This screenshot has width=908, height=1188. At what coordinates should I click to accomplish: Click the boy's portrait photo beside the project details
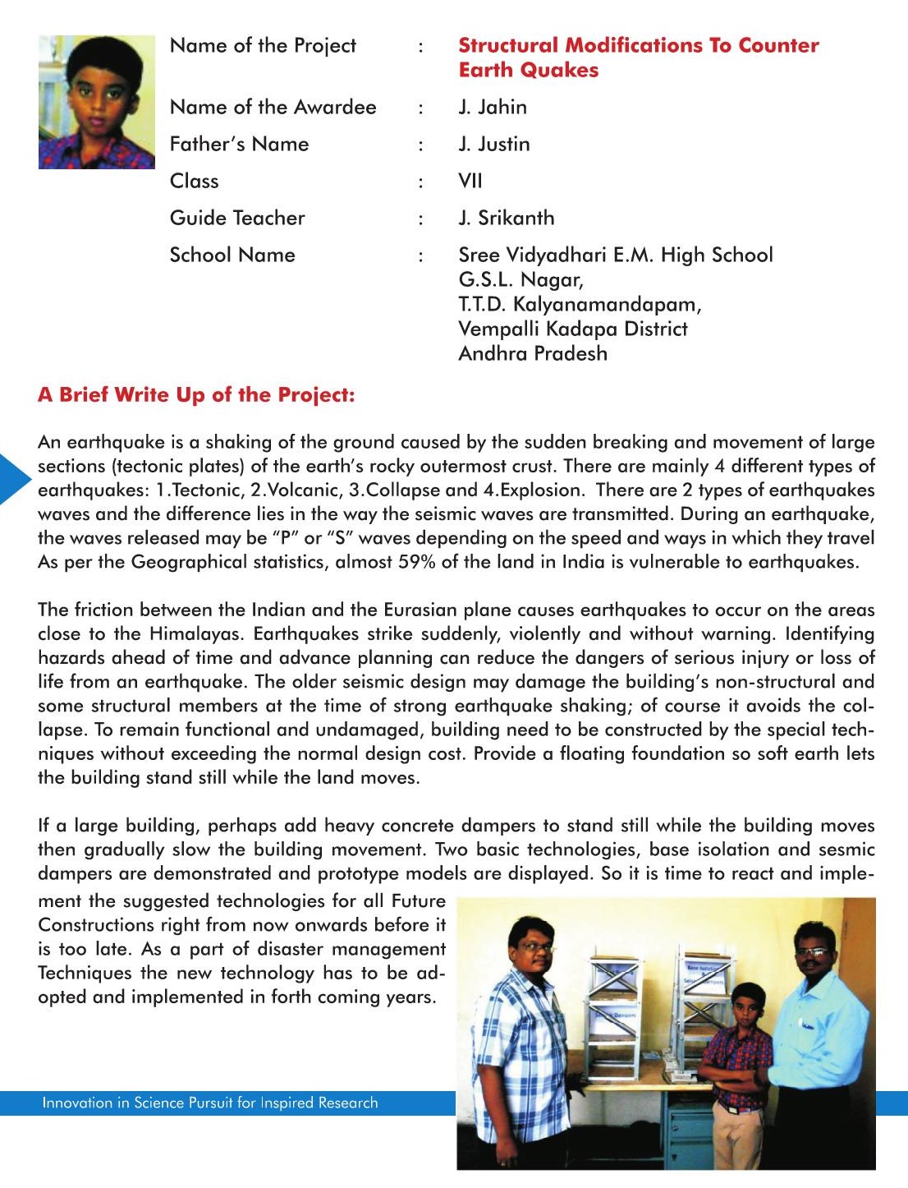coord(97,102)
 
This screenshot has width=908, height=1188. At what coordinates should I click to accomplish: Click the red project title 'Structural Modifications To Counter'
coord(638,45)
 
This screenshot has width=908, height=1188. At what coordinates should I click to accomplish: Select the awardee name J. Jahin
coord(493,108)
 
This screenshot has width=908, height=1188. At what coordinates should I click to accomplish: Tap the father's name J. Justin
coord(494,145)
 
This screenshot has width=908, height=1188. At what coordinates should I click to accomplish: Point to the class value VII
coord(470,181)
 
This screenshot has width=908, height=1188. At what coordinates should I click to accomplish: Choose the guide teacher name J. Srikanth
coord(507,219)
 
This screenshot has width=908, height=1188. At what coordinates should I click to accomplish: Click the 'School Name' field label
coord(232,256)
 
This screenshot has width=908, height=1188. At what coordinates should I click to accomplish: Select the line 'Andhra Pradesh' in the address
coord(533,354)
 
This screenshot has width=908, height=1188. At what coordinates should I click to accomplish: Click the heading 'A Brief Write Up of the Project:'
coord(196,395)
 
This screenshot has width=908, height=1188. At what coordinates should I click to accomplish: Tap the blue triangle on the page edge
coord(13,478)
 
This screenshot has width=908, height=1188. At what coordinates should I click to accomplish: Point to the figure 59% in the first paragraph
coord(417,563)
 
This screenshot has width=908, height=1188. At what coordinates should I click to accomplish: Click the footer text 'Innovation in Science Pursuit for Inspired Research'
coord(210,1103)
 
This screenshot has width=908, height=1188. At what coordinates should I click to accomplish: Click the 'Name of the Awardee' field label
coord(273,108)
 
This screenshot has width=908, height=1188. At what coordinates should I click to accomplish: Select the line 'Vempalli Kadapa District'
coord(573,329)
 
